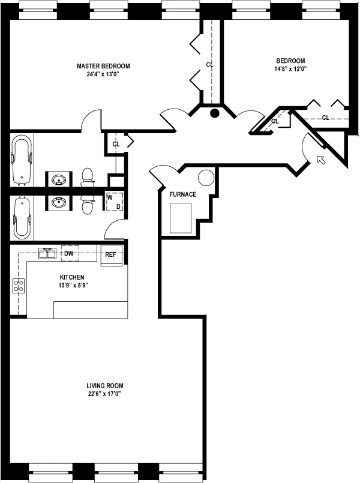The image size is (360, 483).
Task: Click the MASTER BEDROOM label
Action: [103, 66]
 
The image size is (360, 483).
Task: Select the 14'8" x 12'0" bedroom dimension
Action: [290, 69]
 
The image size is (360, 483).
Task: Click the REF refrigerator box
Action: [111, 254]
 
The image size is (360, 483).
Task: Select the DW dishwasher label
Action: [69, 254]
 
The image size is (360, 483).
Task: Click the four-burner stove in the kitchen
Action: [19, 286]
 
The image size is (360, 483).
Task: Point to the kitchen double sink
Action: [48, 254]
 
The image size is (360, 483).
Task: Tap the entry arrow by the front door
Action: [321, 160]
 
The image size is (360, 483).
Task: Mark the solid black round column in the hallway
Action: [214, 112]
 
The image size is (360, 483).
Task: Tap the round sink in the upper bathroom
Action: [59, 179]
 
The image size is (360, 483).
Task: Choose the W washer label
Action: [110, 197]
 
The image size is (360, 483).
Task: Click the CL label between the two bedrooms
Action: [210, 64]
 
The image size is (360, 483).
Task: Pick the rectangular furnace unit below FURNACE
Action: [181, 218]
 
